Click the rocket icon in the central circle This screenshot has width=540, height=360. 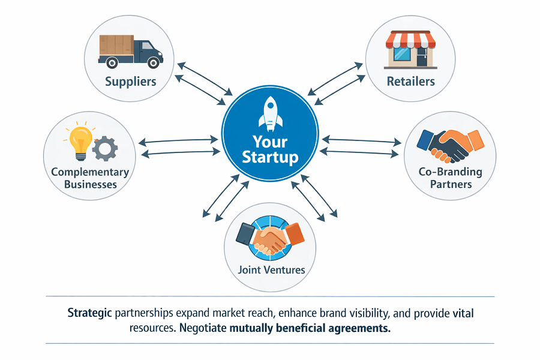pyautogui.click(x=271, y=113)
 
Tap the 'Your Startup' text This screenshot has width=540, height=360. pyautogui.click(x=271, y=149)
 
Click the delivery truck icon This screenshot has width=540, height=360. pyautogui.click(x=131, y=52)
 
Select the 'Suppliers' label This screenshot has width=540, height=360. pyautogui.click(x=131, y=82)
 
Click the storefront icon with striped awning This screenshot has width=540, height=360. pyautogui.click(x=410, y=50)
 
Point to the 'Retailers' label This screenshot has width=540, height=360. pyautogui.click(x=410, y=82)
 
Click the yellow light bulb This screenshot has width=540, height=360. pyautogui.click(x=80, y=143)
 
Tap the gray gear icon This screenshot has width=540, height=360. pyautogui.click(x=105, y=148)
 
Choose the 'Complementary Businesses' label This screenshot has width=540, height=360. pyautogui.click(x=90, y=178)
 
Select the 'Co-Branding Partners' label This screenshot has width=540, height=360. pyautogui.click(x=451, y=178)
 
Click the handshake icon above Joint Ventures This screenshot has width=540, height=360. pyautogui.click(x=271, y=238)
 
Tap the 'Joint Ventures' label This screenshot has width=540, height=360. pyautogui.click(x=271, y=270)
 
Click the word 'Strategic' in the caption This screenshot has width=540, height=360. pyautogui.click(x=89, y=313)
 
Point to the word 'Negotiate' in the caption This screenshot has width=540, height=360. pyautogui.click(x=203, y=328)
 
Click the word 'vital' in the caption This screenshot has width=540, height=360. pyautogui.click(x=463, y=313)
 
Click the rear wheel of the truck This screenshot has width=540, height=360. pyautogui.click(x=112, y=62)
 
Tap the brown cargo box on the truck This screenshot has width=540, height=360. pyautogui.click(x=116, y=45)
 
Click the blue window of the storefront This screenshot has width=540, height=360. pyautogui.click(x=402, y=54)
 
